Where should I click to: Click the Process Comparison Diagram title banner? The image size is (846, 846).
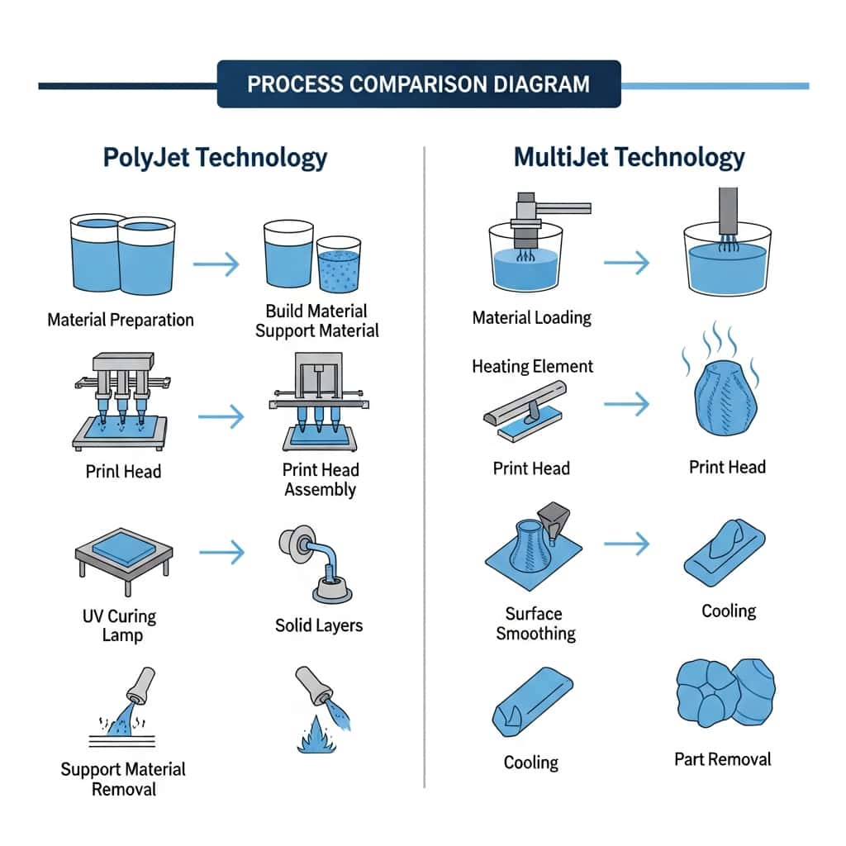click(418, 83)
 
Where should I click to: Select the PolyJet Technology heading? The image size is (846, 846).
click(215, 157)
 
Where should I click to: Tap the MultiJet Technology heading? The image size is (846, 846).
click(629, 157)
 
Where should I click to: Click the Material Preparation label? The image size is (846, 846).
click(121, 320)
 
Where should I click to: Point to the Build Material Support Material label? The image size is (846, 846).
click(317, 321)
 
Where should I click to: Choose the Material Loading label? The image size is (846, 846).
click(531, 317)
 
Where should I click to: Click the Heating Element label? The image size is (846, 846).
click(532, 366)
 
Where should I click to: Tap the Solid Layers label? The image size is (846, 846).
click(318, 625)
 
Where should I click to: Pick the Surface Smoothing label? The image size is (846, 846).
click(535, 624)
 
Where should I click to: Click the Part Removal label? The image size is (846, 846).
click(722, 758)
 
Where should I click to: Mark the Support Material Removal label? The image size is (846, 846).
click(124, 779)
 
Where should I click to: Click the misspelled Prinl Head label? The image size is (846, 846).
click(123, 472)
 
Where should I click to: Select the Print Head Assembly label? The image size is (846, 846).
click(320, 479)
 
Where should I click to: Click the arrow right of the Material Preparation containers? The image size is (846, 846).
click(216, 264)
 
